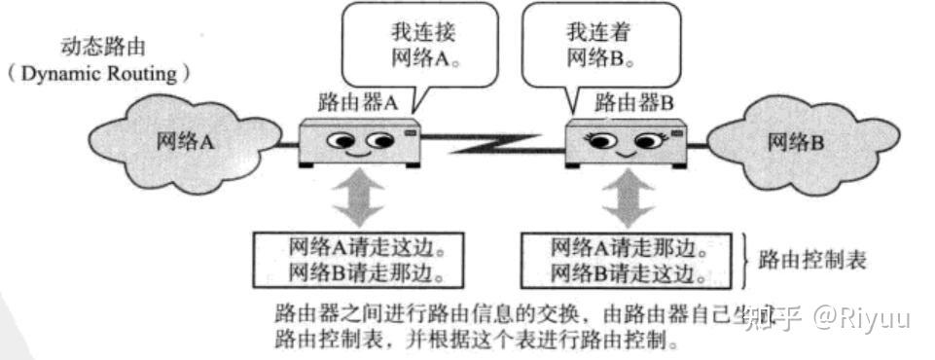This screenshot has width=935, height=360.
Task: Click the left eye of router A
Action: pos(342,142)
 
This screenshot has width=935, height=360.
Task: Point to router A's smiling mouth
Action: pos(360,154)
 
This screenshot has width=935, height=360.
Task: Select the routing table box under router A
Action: pos(355,258)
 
